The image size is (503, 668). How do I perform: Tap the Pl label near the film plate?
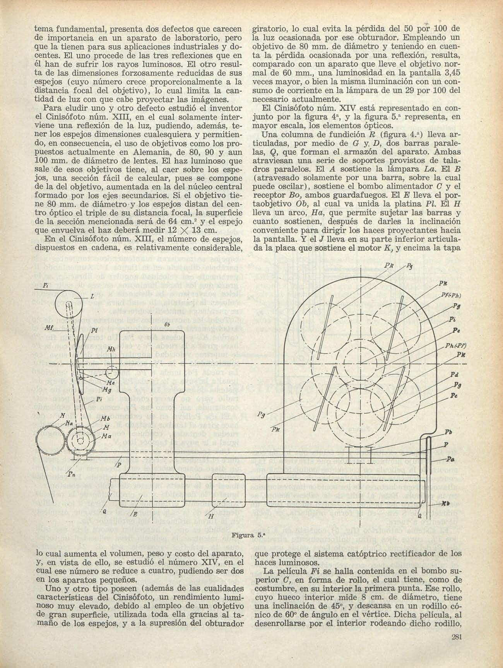tap(94, 330)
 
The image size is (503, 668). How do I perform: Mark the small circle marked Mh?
tap(112, 373)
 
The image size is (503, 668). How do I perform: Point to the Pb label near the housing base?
tap(448, 432)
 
